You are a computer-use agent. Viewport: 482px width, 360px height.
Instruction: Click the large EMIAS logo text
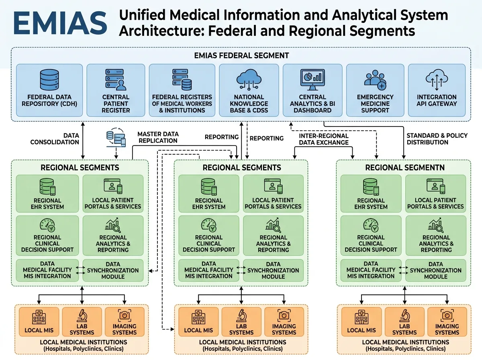pyautogui.click(x=60, y=23)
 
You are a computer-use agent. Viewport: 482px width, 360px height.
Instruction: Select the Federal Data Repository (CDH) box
pyautogui.click(x=49, y=90)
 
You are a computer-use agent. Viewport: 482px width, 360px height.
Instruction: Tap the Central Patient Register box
pyautogui.click(x=116, y=90)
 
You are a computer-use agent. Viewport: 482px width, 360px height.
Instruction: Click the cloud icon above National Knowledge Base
pyautogui.click(x=249, y=80)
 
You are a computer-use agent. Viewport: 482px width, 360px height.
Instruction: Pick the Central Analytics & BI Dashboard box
pyautogui.click(x=312, y=90)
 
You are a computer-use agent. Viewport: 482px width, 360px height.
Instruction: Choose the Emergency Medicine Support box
pyautogui.click(x=375, y=90)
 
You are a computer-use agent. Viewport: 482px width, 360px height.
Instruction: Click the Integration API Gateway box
pyautogui.click(x=437, y=90)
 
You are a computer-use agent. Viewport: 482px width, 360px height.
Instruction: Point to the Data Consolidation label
pyautogui.click(x=55, y=139)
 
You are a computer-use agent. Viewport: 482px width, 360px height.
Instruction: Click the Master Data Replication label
pyautogui.click(x=158, y=137)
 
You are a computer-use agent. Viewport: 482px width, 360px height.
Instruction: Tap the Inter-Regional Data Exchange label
pyautogui.click(x=324, y=139)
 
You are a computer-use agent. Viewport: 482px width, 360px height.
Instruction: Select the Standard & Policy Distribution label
pyautogui.click(x=437, y=139)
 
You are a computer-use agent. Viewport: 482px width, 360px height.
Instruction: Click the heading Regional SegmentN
pyautogui.click(x=405, y=168)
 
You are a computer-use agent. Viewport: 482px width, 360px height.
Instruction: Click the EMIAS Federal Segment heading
pyautogui.click(x=241, y=55)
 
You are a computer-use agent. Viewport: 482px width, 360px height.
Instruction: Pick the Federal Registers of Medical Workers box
pyautogui.click(x=182, y=90)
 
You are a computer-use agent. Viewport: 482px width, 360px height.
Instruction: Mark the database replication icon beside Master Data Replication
pyautogui.click(x=116, y=137)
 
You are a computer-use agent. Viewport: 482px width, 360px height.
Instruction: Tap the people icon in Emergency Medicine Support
pyautogui.click(x=375, y=80)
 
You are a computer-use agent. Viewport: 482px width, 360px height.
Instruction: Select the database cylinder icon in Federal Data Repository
pyautogui.click(x=49, y=80)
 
